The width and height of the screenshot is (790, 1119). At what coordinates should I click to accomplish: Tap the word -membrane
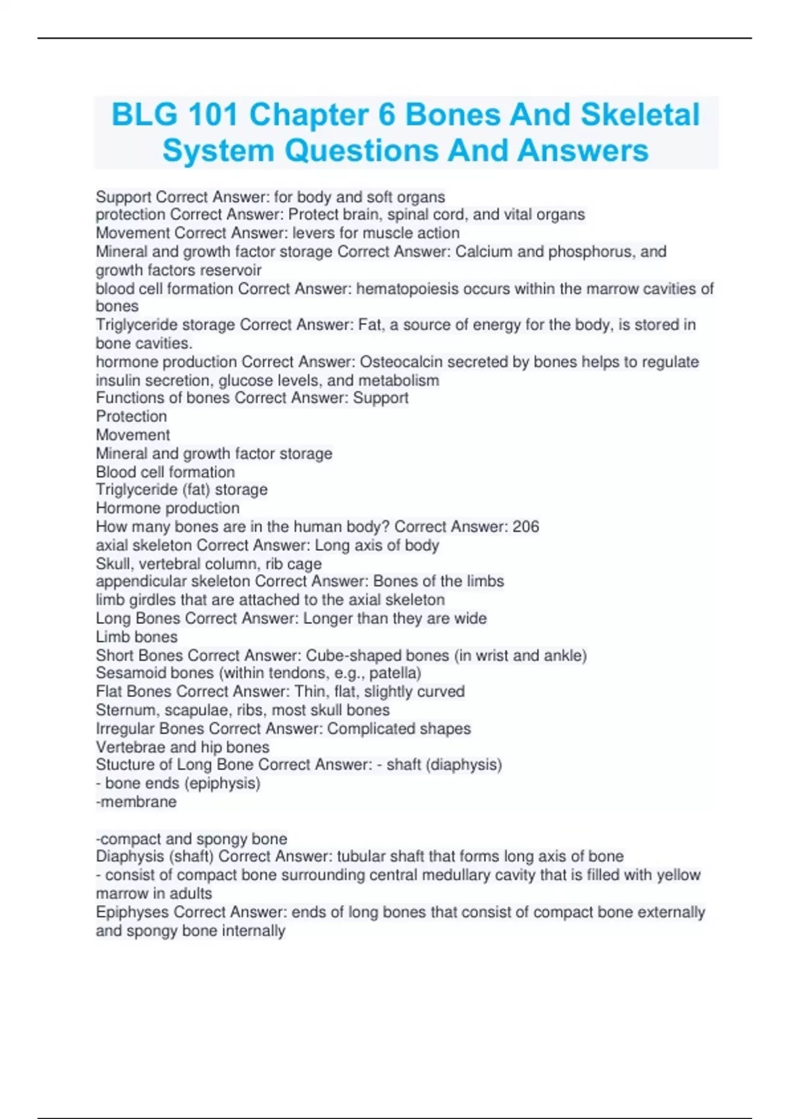click(136, 802)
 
